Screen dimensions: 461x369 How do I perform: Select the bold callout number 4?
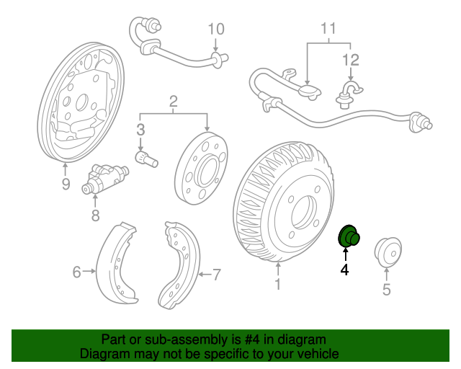pyautogui.click(x=344, y=270)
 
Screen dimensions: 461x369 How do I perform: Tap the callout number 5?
pyautogui.click(x=386, y=289)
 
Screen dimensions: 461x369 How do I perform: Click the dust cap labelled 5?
pyautogui.click(x=388, y=252)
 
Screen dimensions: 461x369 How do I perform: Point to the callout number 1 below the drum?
pyautogui.click(x=278, y=284)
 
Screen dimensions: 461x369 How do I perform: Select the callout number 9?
pyautogui.click(x=66, y=184)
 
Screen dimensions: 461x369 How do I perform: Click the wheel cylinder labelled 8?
pyautogui.click(x=104, y=179)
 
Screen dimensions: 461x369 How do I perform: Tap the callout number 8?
pyautogui.click(x=95, y=215)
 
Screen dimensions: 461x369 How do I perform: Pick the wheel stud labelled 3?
pyautogui.click(x=146, y=159)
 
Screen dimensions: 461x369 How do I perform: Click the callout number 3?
pyautogui.click(x=140, y=130)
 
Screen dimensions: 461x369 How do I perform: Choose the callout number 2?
pyautogui.click(x=174, y=101)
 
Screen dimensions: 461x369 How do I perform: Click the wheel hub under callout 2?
pyautogui.click(x=201, y=168)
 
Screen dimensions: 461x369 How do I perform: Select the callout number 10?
pyautogui.click(x=216, y=29)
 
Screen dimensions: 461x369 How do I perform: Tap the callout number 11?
pyautogui.click(x=328, y=29)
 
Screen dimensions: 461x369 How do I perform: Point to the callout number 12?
pyautogui.click(x=351, y=60)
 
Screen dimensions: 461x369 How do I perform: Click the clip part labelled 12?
pyautogui.click(x=349, y=94)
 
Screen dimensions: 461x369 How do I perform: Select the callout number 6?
pyautogui.click(x=76, y=272)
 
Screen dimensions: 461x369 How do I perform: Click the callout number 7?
pyautogui.click(x=216, y=275)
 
